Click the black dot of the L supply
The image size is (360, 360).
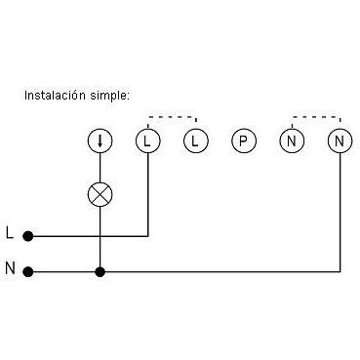click(28, 236)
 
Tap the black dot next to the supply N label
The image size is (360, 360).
click(28, 271)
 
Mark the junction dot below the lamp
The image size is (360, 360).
click(100, 271)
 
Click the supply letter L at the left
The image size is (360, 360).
click(10, 233)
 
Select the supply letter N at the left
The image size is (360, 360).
click(10, 268)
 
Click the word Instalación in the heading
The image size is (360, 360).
click(56, 96)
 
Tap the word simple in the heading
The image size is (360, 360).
click(109, 96)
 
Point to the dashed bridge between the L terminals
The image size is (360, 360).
click(172, 116)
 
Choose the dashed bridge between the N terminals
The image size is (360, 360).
click(316, 116)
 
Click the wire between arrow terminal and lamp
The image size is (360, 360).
click(100, 168)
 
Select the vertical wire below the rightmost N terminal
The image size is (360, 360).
click(340, 213)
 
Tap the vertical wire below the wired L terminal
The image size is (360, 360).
click(148, 194)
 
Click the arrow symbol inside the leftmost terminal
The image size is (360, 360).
click(100, 140)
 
